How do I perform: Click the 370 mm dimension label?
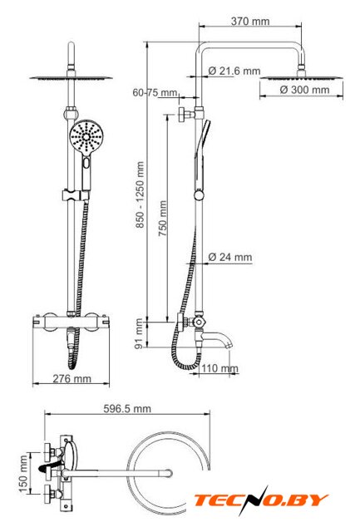point(250,22)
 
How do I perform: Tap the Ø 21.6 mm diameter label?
point(234,71)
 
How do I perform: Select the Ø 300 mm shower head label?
point(304,90)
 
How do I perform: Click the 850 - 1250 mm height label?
point(141,195)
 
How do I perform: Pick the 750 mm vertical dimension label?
point(163,218)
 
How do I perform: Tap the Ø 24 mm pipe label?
point(230,257)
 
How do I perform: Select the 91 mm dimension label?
point(139,333)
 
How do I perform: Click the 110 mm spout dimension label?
point(219,368)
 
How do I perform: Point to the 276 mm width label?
point(72,379)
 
